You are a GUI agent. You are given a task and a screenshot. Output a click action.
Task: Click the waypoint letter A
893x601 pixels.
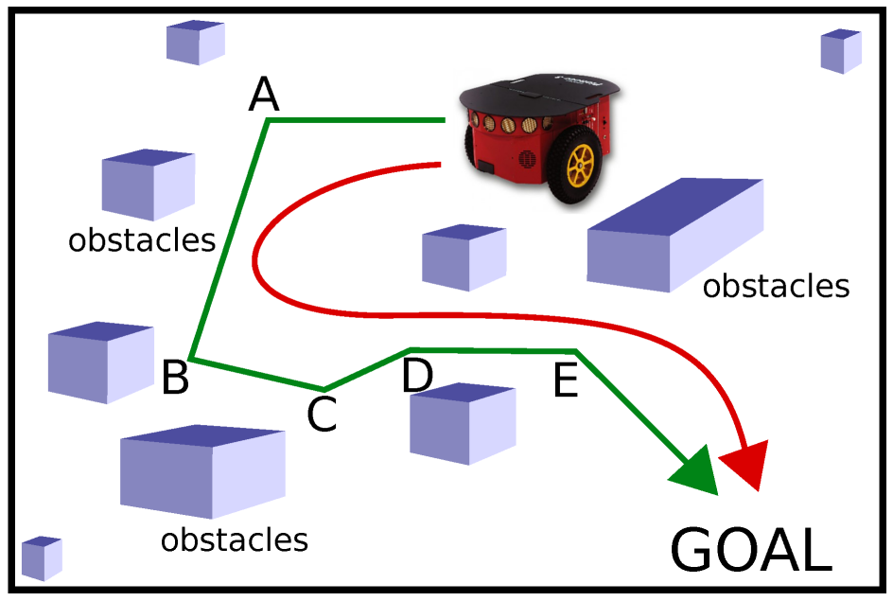[264, 94]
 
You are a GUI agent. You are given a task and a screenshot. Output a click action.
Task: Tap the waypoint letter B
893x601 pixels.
[175, 378]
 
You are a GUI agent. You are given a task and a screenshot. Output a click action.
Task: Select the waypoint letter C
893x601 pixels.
[322, 414]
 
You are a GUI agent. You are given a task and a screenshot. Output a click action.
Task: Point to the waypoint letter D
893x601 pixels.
[417, 375]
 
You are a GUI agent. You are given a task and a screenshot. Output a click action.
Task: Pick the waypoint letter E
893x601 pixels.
[565, 381]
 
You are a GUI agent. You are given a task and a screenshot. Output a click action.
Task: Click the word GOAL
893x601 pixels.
[751, 551]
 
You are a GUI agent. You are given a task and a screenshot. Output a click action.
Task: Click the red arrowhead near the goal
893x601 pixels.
[744, 465]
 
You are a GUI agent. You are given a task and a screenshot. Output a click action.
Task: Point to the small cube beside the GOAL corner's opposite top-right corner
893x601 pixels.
[840, 51]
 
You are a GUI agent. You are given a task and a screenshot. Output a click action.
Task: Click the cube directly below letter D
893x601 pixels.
[462, 423]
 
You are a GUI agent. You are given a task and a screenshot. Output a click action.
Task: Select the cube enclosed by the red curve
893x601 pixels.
[463, 256]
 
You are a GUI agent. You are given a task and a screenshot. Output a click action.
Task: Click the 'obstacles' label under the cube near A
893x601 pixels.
[142, 240]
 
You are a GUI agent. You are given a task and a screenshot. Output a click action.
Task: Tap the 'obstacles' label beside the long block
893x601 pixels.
[776, 285]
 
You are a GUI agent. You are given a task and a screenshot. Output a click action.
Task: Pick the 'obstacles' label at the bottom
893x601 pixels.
[234, 539]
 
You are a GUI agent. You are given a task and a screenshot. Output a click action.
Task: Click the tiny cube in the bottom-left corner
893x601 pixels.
[42, 557]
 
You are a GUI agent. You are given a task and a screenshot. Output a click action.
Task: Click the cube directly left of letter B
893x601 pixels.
[100, 361]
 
